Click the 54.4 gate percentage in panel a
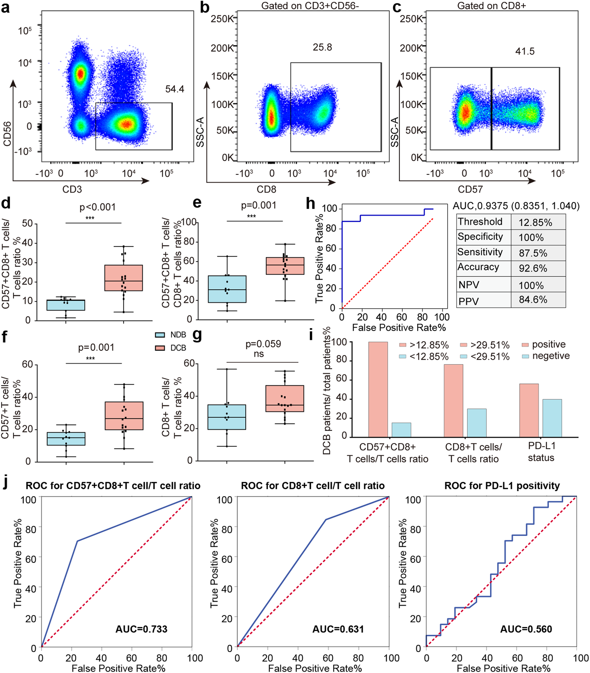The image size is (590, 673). (x=174, y=89)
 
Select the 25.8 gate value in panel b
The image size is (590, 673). (x=322, y=47)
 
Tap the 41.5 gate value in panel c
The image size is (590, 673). (x=525, y=51)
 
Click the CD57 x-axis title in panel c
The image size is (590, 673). (x=470, y=189)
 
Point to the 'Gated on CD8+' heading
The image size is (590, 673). (x=491, y=5)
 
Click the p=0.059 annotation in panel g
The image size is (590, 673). (x=263, y=344)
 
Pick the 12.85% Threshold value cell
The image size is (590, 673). (x=535, y=223)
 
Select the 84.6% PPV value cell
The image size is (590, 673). (x=533, y=300)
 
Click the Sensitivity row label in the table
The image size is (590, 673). (x=480, y=252)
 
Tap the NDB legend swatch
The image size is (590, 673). (x=160, y=335)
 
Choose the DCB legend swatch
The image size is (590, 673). (x=160, y=348)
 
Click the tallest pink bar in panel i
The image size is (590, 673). (x=378, y=389)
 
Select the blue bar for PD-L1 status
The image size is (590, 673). (x=552, y=418)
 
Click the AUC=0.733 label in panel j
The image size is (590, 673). (x=141, y=629)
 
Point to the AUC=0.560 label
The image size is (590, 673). (x=526, y=629)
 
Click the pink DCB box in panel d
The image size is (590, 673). (x=123, y=277)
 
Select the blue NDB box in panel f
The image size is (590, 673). (x=66, y=439)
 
